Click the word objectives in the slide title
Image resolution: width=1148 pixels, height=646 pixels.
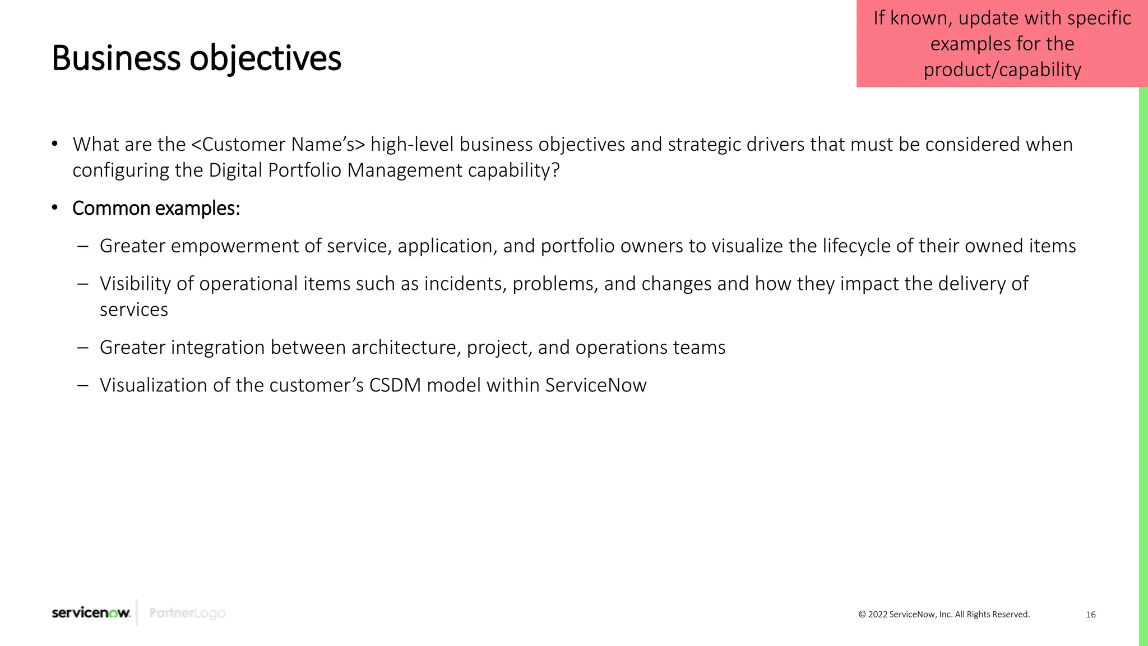point(265,59)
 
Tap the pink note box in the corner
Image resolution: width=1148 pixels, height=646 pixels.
point(1002,44)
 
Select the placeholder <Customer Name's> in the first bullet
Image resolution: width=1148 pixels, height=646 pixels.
point(278,145)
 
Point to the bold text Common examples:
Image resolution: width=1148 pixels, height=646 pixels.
point(156,209)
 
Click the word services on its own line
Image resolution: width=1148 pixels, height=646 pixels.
point(133,310)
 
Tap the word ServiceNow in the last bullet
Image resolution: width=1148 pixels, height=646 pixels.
point(595,385)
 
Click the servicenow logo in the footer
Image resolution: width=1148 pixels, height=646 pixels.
point(91,613)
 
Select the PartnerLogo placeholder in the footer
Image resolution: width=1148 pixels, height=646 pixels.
point(187,613)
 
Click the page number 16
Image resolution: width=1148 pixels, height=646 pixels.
point(1090,615)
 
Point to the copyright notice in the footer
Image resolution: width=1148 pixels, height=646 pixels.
point(944,615)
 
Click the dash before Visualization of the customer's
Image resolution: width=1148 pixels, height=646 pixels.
point(83,385)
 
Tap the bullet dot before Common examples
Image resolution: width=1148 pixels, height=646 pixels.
point(54,208)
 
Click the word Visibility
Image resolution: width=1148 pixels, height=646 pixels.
point(135,284)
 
